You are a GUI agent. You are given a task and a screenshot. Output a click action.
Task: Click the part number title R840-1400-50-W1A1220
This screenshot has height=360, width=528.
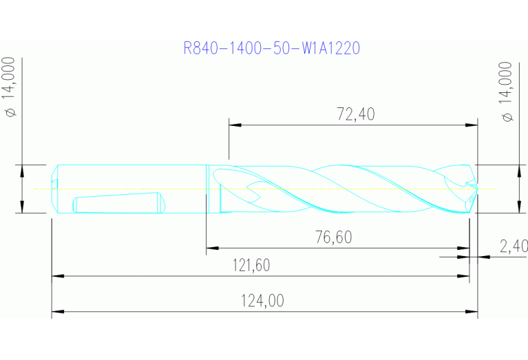272,48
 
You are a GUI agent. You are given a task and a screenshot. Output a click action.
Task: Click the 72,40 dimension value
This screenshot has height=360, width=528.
355,114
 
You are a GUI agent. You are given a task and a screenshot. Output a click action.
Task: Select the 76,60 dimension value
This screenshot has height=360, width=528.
333,237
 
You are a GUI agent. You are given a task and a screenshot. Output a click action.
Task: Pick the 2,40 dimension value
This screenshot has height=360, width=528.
514,246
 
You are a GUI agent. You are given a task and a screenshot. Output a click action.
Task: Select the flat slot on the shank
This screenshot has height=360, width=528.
117,204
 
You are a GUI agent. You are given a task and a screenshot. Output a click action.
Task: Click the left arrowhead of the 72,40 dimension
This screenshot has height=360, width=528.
234,125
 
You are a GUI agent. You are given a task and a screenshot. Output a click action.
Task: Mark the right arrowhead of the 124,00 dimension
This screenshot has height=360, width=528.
472,312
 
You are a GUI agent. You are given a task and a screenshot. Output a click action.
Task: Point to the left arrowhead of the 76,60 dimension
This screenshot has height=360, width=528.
212,248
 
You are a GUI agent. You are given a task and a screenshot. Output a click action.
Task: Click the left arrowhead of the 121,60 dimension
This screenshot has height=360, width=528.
58,277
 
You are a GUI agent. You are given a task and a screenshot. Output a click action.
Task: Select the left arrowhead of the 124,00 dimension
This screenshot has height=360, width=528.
58,312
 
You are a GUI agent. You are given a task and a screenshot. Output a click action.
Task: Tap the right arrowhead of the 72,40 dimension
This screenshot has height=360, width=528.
472,125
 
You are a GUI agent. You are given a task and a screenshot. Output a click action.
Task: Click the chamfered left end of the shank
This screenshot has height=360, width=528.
54,189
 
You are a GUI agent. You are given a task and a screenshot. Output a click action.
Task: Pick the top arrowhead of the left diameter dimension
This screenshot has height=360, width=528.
23,169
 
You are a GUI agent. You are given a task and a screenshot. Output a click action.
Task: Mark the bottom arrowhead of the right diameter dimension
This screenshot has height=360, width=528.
518,209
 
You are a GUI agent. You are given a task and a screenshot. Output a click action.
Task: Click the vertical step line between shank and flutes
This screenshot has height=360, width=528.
207,189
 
